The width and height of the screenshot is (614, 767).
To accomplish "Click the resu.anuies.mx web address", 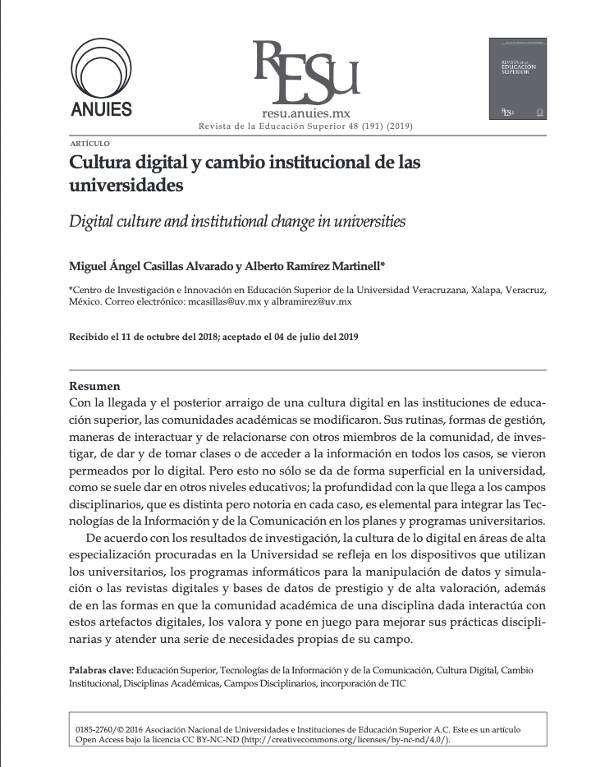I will coord(305,114).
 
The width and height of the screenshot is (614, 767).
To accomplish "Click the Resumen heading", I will coord(94,385).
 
